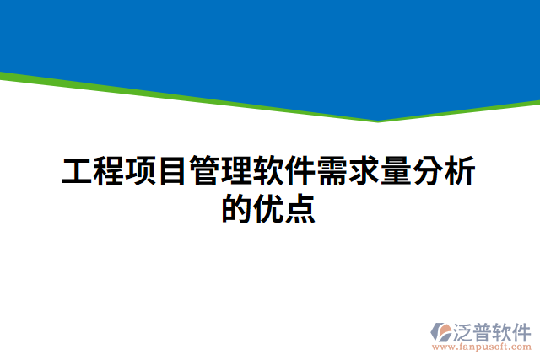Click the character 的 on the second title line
point(237,208)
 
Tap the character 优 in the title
point(269,208)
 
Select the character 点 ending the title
point(301,208)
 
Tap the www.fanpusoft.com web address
point(481,347)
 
